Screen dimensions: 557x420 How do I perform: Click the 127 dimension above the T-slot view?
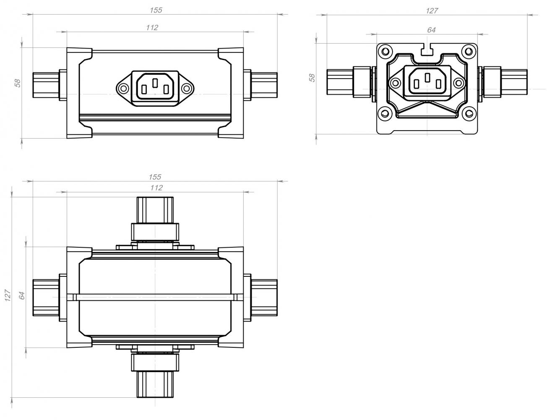pyautogui.click(x=432, y=10)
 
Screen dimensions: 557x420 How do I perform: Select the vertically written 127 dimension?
pyautogui.click(x=8, y=295)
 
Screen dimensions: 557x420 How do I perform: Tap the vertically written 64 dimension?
pyautogui.click(x=22, y=296)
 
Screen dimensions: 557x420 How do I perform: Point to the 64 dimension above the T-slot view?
pyautogui.click(x=431, y=30)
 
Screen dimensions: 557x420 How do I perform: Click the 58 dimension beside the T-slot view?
pyautogui.click(x=312, y=78)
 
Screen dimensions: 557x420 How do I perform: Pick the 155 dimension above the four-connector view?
pyautogui.click(x=155, y=177)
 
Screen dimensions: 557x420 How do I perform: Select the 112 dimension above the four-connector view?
pyautogui.click(x=156, y=188)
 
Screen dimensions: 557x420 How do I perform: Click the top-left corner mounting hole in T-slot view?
pyautogui.click(x=385, y=52)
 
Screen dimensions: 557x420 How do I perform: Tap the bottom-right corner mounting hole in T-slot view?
pyautogui.click(x=469, y=113)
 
